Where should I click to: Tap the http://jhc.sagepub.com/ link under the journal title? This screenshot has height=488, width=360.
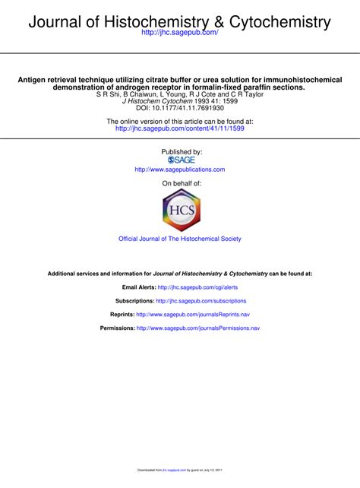tap(180, 34)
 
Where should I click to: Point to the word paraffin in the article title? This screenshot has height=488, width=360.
tap(250, 87)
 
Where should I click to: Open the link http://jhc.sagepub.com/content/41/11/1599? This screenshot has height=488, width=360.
tap(180, 128)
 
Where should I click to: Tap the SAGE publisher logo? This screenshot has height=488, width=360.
tap(181, 160)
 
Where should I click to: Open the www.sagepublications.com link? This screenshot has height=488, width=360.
tap(180, 170)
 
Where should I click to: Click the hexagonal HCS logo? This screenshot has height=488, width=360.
tap(181, 210)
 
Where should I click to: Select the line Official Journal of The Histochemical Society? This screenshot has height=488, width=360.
tap(180, 239)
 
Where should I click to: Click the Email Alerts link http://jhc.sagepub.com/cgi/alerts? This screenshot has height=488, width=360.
tap(197, 287)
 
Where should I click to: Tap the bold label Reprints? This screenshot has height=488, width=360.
tap(122, 315)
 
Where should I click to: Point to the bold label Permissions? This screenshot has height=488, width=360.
tap(118, 328)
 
